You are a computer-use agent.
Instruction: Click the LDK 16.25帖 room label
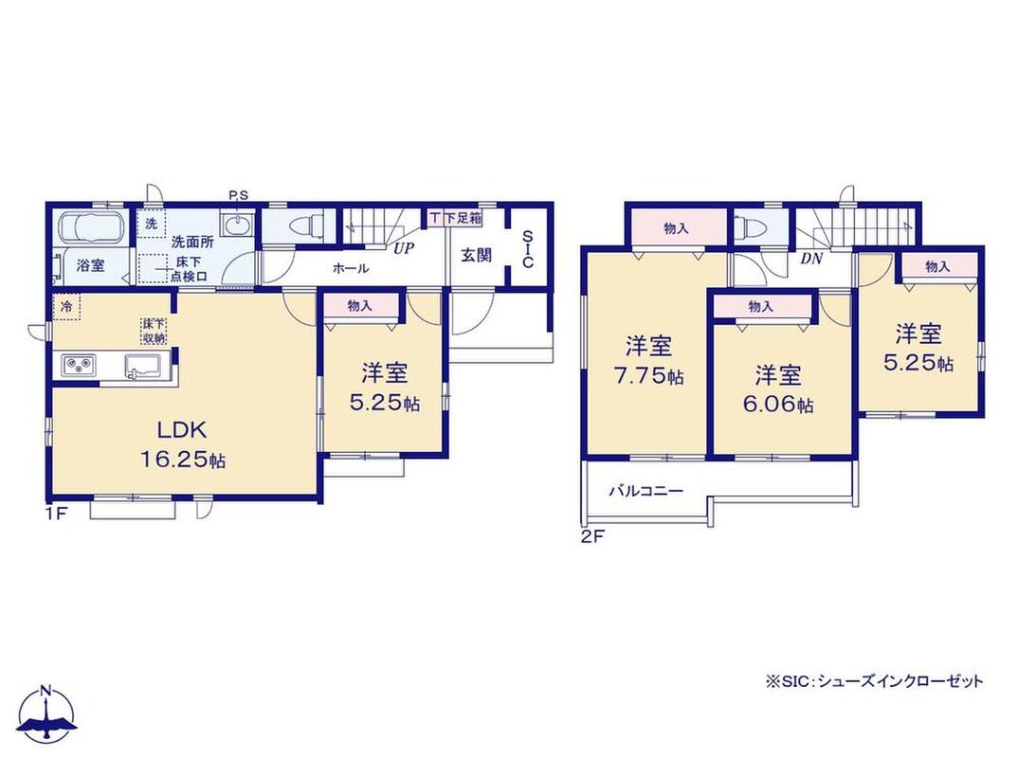coord(183,443)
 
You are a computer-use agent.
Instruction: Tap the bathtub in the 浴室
coord(91,227)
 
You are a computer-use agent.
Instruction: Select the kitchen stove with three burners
coord(80,366)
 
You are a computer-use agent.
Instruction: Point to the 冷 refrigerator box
coord(67,307)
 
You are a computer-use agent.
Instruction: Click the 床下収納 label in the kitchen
coord(155,331)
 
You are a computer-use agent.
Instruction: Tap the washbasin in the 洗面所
coord(235,226)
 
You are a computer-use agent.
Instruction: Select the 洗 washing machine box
coord(152,225)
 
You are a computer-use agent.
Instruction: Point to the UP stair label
coord(405,248)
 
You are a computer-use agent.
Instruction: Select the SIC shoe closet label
coord(528,249)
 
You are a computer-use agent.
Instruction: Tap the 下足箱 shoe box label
coord(463,218)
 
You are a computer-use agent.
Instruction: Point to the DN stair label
coord(811,259)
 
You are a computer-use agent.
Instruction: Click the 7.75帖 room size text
coord(649,376)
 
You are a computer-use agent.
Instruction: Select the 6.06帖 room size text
coord(778,405)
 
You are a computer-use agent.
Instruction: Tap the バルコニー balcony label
coord(646,491)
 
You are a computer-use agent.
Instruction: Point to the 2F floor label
coord(592,536)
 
